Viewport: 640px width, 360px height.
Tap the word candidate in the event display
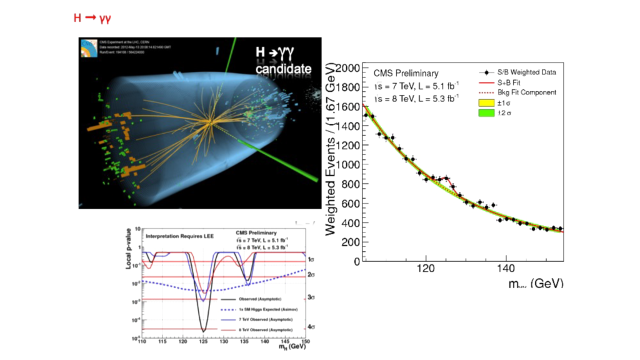[282, 69]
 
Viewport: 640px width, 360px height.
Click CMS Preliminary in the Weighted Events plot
[406, 73]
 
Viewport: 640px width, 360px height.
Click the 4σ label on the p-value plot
[311, 327]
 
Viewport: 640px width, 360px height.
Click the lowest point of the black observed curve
[203, 331]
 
